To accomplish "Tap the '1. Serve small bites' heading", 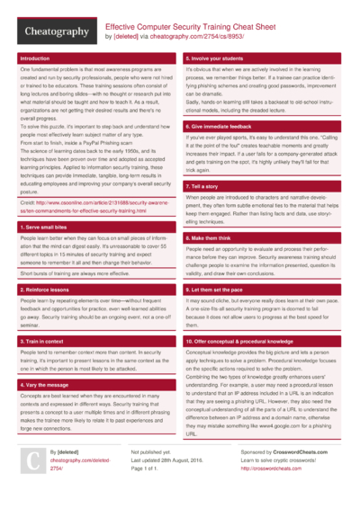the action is pyautogui.click(x=44, y=228).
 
